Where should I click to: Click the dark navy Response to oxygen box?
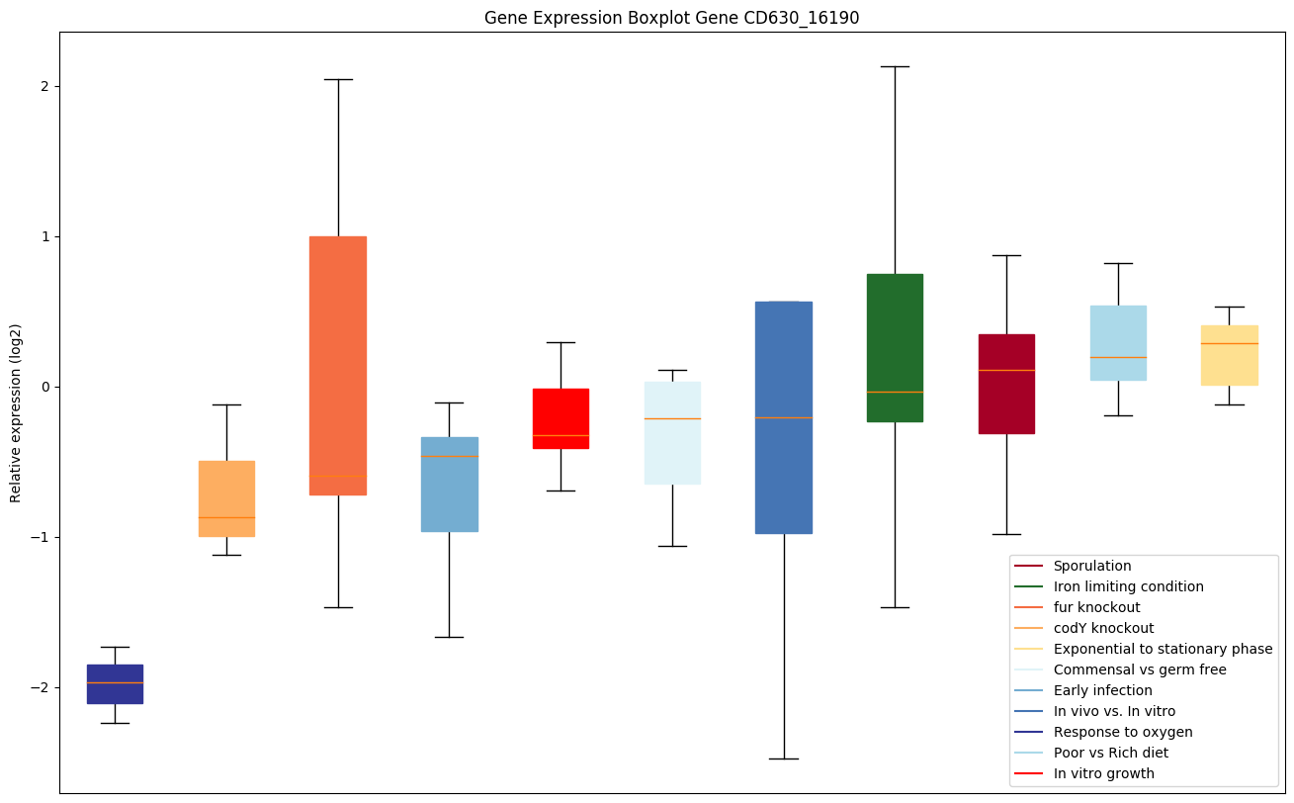click(115, 683)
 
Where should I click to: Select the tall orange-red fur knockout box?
click(338, 365)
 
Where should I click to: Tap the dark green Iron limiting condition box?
click(895, 347)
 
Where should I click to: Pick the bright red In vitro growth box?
click(561, 418)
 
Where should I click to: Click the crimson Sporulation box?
click(1006, 384)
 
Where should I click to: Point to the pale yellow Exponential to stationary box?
click(1229, 355)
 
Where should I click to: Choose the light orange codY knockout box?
click(226, 498)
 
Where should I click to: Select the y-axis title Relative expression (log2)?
click(16, 412)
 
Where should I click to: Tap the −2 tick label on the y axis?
click(41, 687)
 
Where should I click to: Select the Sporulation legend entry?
click(1091, 566)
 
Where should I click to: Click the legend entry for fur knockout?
click(1096, 607)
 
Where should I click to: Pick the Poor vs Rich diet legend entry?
click(1110, 753)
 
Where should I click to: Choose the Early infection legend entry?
click(1102, 690)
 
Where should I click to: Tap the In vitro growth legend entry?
click(1103, 773)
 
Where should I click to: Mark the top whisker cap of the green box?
click(895, 66)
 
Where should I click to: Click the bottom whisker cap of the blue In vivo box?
click(784, 758)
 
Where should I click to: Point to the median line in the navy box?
click(115, 682)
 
